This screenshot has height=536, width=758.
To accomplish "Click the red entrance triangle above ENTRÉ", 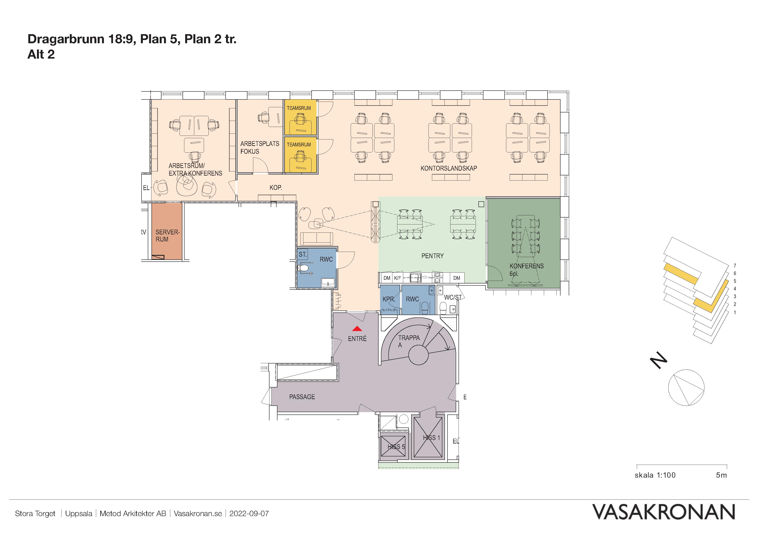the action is coord(357,329).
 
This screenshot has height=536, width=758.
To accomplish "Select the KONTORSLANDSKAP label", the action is coord(449,168).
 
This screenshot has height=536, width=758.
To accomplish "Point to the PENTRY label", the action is coord(433,256).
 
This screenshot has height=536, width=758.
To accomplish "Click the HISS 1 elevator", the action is coord(428,438).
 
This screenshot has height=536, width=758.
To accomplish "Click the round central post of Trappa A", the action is coord(418,355).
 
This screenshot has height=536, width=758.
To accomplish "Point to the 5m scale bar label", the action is coord(721,475).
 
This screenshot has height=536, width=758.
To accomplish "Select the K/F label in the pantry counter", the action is coord(398,278).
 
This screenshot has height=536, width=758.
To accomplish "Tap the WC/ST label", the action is coord(453,298).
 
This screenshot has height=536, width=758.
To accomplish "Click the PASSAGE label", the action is coord(302,397).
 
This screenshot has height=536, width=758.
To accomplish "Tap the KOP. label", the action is coord(276,188).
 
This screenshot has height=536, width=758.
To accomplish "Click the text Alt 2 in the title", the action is coord(41,54).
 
